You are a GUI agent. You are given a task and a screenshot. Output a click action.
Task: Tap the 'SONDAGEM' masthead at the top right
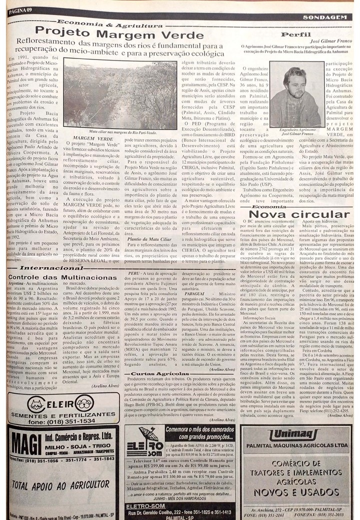(327, 17)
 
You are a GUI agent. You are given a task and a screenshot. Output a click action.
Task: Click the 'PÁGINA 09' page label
(20, 10)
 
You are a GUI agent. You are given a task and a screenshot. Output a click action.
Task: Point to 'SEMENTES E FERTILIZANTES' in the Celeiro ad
(63, 413)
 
